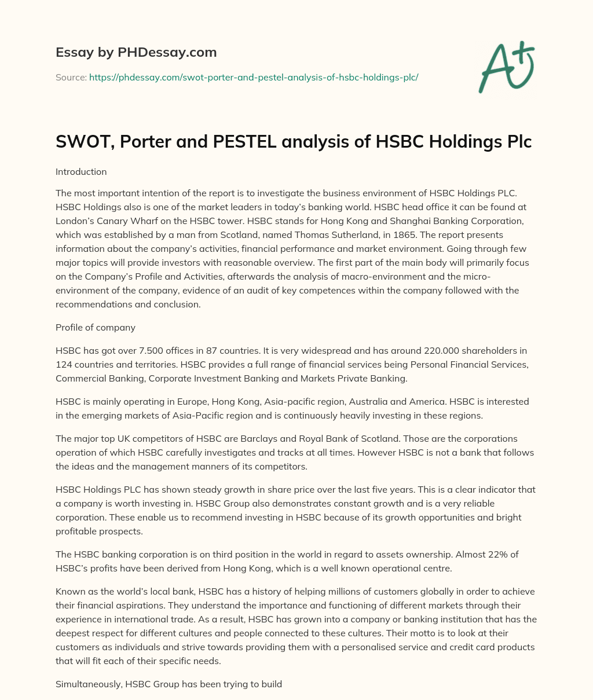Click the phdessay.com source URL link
tap(254, 77)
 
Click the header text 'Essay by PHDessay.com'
tap(136, 53)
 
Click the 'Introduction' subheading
tap(81, 172)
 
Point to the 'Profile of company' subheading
tap(96, 327)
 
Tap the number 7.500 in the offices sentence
tap(137, 351)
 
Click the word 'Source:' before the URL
tap(71, 77)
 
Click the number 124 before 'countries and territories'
tap(64, 365)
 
